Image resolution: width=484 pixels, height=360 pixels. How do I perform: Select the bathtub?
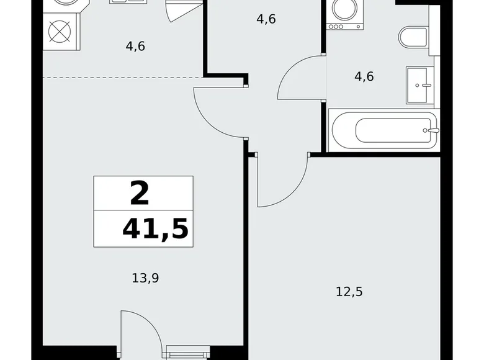point(385,130)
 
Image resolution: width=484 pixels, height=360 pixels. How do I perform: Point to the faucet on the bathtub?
point(432,130)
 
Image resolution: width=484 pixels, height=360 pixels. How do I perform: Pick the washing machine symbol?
point(339,16)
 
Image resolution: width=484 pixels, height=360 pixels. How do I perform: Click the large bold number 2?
point(140,194)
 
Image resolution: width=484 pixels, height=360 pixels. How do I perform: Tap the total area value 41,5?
point(155,229)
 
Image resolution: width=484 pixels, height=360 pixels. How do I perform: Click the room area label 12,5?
point(348,291)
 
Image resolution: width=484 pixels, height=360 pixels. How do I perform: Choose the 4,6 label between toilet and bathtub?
point(364,78)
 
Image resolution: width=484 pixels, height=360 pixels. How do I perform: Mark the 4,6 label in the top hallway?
point(266,19)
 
